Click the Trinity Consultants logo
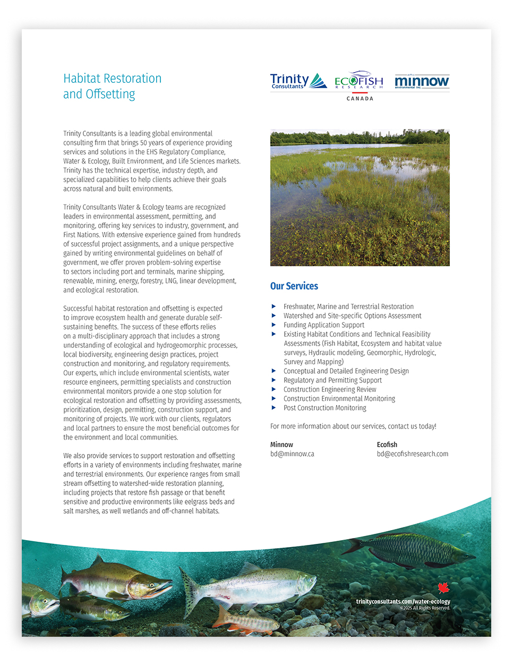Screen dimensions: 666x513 pos(298,81)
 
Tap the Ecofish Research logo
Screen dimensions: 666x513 pos(358,80)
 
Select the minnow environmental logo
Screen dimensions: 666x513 pos(422,81)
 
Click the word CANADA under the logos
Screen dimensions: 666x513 pos(360,99)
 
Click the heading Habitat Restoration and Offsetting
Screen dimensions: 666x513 pos(112,86)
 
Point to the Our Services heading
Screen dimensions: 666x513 pos(294,286)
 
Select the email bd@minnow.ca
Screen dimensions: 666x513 pos(292,454)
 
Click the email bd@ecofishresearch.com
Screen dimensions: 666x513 pos(412,454)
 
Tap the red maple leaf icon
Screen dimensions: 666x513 pos(443,588)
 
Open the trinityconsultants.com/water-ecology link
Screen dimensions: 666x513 pos(403,601)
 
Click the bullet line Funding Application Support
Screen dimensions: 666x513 pos(323,325)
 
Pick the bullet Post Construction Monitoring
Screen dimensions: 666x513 pos(324,408)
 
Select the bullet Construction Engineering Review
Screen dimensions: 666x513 pos(329,389)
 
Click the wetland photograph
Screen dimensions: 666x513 pos(360,198)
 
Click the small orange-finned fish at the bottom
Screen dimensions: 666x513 pos(247,621)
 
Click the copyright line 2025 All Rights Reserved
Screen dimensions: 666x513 pos(425,608)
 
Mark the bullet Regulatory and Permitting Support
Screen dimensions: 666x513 pos(332,380)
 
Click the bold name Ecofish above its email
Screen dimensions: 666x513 pos(387,445)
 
